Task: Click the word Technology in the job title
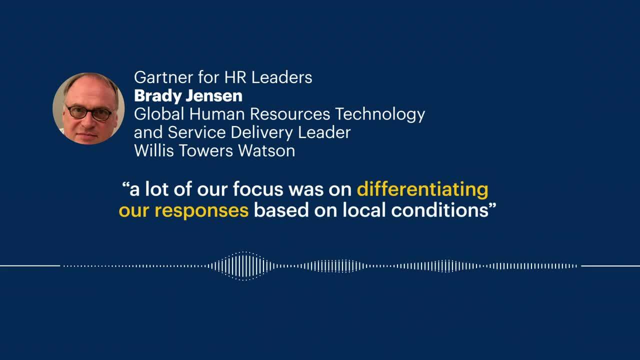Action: click(x=380, y=114)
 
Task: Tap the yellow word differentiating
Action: click(x=422, y=189)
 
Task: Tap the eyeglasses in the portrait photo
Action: click(x=89, y=112)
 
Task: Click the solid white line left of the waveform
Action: click(x=30, y=265)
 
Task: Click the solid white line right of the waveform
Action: click(x=610, y=265)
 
